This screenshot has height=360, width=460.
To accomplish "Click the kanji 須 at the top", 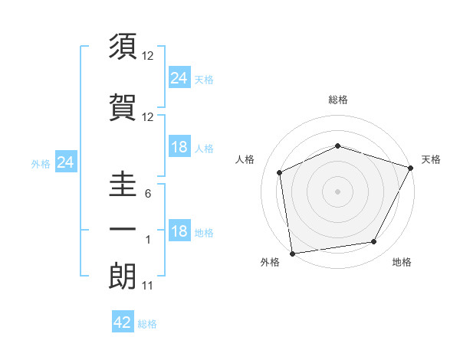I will coord(123,47).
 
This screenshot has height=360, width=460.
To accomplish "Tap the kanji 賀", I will coord(123,108).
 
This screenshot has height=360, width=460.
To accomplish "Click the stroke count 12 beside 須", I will coord(148,56).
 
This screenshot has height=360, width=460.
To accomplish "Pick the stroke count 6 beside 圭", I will coord(148,194).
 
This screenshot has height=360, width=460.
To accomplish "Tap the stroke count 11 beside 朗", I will coord(148,286).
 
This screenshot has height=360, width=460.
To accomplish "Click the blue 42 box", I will coord(123,322).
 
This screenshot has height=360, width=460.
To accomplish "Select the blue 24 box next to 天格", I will coord(179,77).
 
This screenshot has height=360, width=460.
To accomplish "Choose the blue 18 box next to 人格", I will coord(179,147).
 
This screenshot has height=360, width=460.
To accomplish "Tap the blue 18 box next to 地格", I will coord(179,231).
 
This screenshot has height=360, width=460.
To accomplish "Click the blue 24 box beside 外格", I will coord(66,162).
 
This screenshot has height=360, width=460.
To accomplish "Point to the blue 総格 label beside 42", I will coord(147,324).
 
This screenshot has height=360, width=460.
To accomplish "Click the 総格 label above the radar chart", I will coord(338,100).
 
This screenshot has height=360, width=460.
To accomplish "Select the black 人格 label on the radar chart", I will coord(245,159).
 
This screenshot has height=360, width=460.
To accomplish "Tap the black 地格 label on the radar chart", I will coord(402,262).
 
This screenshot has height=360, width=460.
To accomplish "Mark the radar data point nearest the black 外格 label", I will coord(292,253).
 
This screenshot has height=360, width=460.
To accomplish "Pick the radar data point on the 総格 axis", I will coord(338,146).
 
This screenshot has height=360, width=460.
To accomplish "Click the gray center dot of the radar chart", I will coord(338,191).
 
